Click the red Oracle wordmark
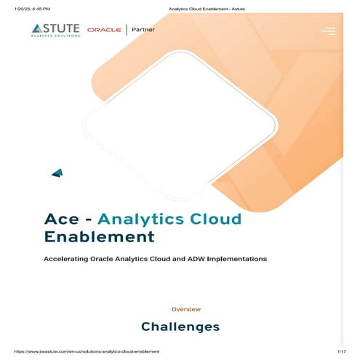pos(104,30)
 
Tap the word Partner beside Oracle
pos(143,30)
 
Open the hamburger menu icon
pos(329,31)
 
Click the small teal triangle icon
pos(57,172)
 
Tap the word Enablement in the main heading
pos(100,236)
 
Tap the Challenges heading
pos(180,327)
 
